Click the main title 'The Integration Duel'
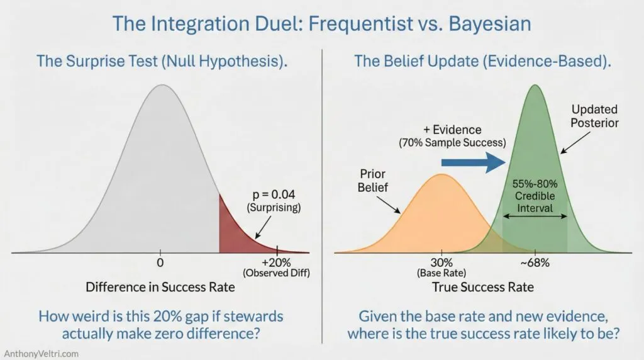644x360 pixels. coord(321,24)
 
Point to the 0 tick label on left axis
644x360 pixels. coord(160,262)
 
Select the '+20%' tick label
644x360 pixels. coord(277,262)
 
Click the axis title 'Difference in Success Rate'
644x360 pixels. coord(160,288)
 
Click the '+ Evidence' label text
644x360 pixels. coord(452,130)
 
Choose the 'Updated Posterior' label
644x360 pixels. coord(594,116)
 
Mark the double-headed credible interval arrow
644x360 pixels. coord(535,217)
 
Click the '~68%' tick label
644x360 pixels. coord(535,262)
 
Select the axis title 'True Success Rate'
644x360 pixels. coord(482,288)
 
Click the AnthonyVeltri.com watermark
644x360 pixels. coord(41,353)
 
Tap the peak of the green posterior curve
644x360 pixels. coord(535,86)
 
